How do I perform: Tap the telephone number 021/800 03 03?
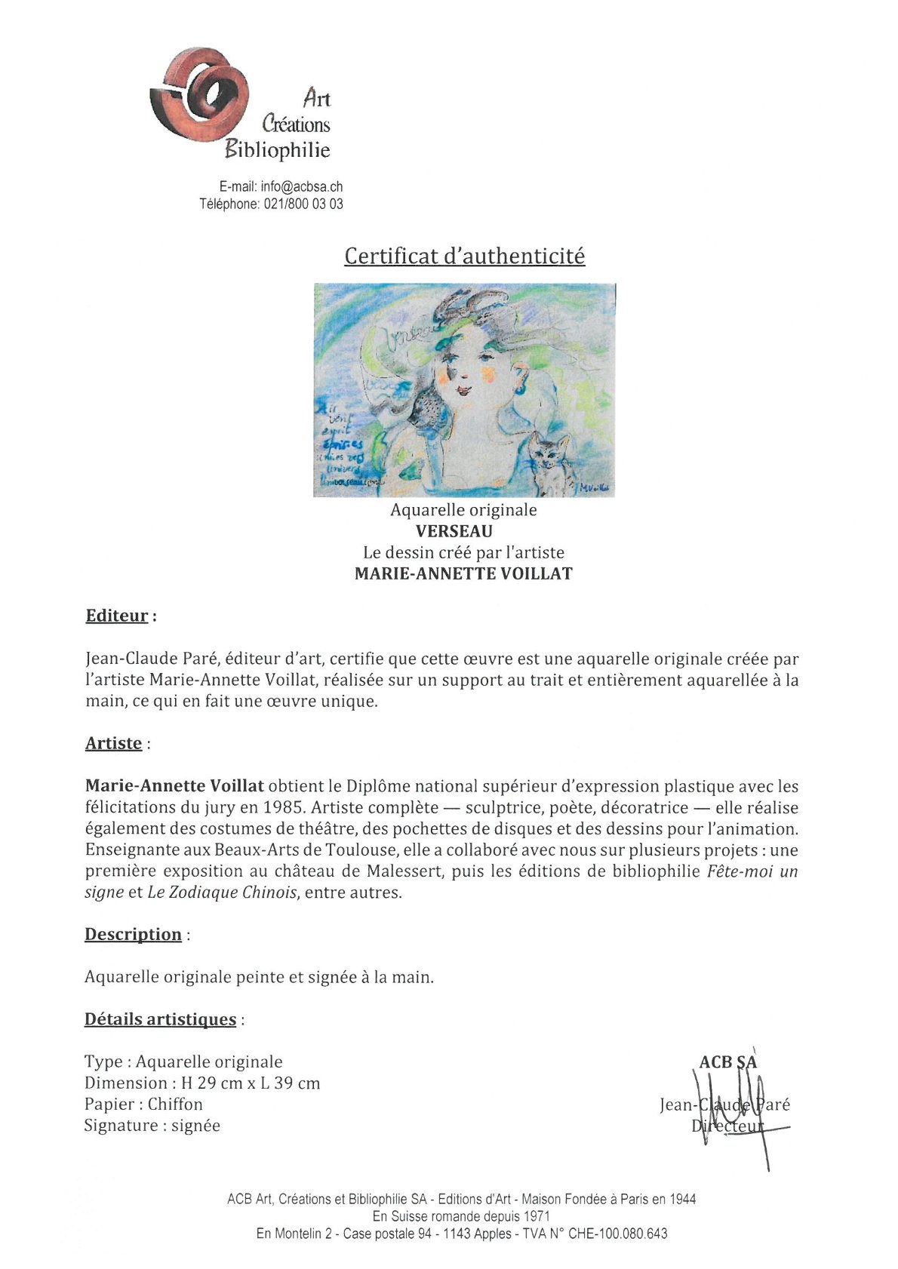click(303, 204)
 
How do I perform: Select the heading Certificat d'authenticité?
click(464, 257)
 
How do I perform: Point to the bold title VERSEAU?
click(454, 531)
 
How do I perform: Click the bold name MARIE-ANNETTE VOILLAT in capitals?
click(463, 573)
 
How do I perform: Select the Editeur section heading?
click(117, 616)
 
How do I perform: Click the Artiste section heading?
click(114, 743)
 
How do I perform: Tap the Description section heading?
click(133, 934)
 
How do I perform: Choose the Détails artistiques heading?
click(160, 1019)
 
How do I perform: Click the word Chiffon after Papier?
click(175, 1104)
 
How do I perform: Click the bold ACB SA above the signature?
click(727, 1062)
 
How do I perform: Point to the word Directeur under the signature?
click(727, 1126)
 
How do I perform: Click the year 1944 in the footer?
click(681, 1199)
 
